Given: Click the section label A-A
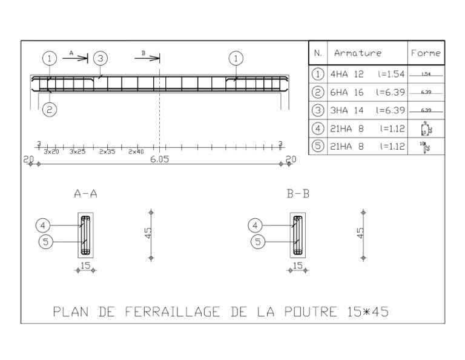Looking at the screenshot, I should coord(85,194).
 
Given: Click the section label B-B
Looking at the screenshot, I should coord(298,194).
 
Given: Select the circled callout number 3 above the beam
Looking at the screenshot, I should coord(100,58).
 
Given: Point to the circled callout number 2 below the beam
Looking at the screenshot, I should coord(50,110).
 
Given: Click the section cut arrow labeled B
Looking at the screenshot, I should coord(148,58).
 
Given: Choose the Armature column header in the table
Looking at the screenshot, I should coord(357,53).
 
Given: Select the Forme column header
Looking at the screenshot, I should coord(425,53).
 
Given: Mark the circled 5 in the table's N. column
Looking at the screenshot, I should coord(318,146).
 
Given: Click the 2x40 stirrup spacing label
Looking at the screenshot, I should coord(136,152).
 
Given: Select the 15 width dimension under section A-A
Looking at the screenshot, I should coord(85,265).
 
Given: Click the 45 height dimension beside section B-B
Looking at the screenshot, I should coord(361,233).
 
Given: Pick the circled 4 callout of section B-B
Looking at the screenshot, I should coord(256,225).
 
